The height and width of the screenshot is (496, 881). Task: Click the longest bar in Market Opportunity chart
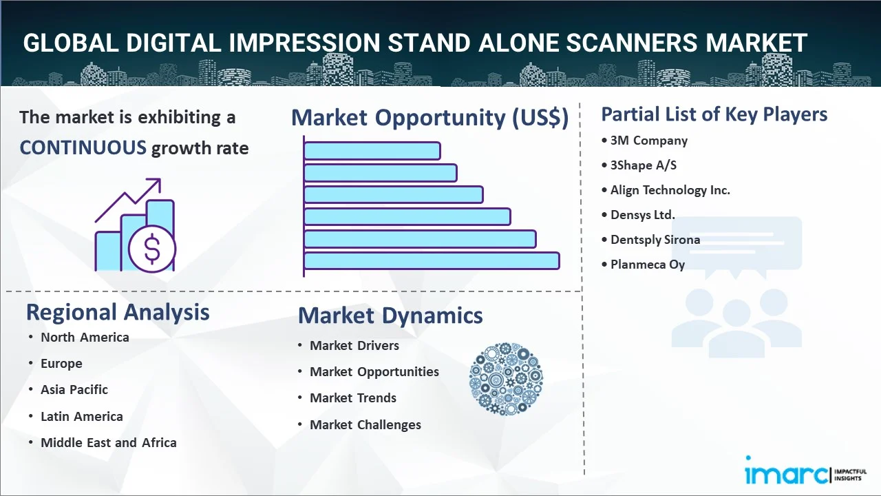pos(432,261)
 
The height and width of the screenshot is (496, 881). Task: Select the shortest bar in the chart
pos(372,151)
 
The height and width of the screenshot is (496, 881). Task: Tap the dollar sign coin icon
pos(152,249)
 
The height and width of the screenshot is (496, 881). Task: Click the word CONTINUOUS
pos(83,147)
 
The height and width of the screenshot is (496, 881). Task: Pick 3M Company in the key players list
pos(649,141)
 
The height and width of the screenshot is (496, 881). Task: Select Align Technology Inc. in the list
pos(670,190)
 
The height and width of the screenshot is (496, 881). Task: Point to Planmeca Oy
pos(648,265)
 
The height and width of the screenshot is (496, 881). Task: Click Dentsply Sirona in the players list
pos(655,240)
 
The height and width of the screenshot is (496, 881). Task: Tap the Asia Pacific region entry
pos(74,390)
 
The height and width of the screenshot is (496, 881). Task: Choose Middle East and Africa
pos(109,442)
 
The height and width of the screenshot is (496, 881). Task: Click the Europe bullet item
pos(61,363)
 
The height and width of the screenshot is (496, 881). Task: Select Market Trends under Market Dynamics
pos(353,398)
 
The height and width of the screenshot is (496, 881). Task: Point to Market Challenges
pos(365,425)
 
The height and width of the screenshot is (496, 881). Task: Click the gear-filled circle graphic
pos(506,379)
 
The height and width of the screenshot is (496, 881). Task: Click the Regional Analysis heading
pos(118,313)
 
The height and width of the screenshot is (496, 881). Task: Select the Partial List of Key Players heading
pos(714,114)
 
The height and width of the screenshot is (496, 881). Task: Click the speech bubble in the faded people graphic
pos(736,244)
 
